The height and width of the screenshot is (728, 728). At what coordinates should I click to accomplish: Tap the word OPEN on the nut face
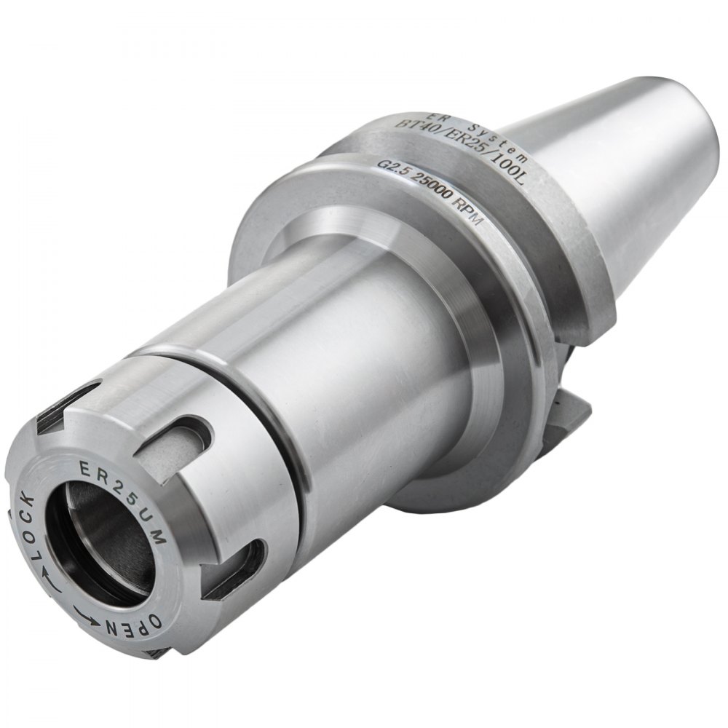[x=135, y=622]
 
